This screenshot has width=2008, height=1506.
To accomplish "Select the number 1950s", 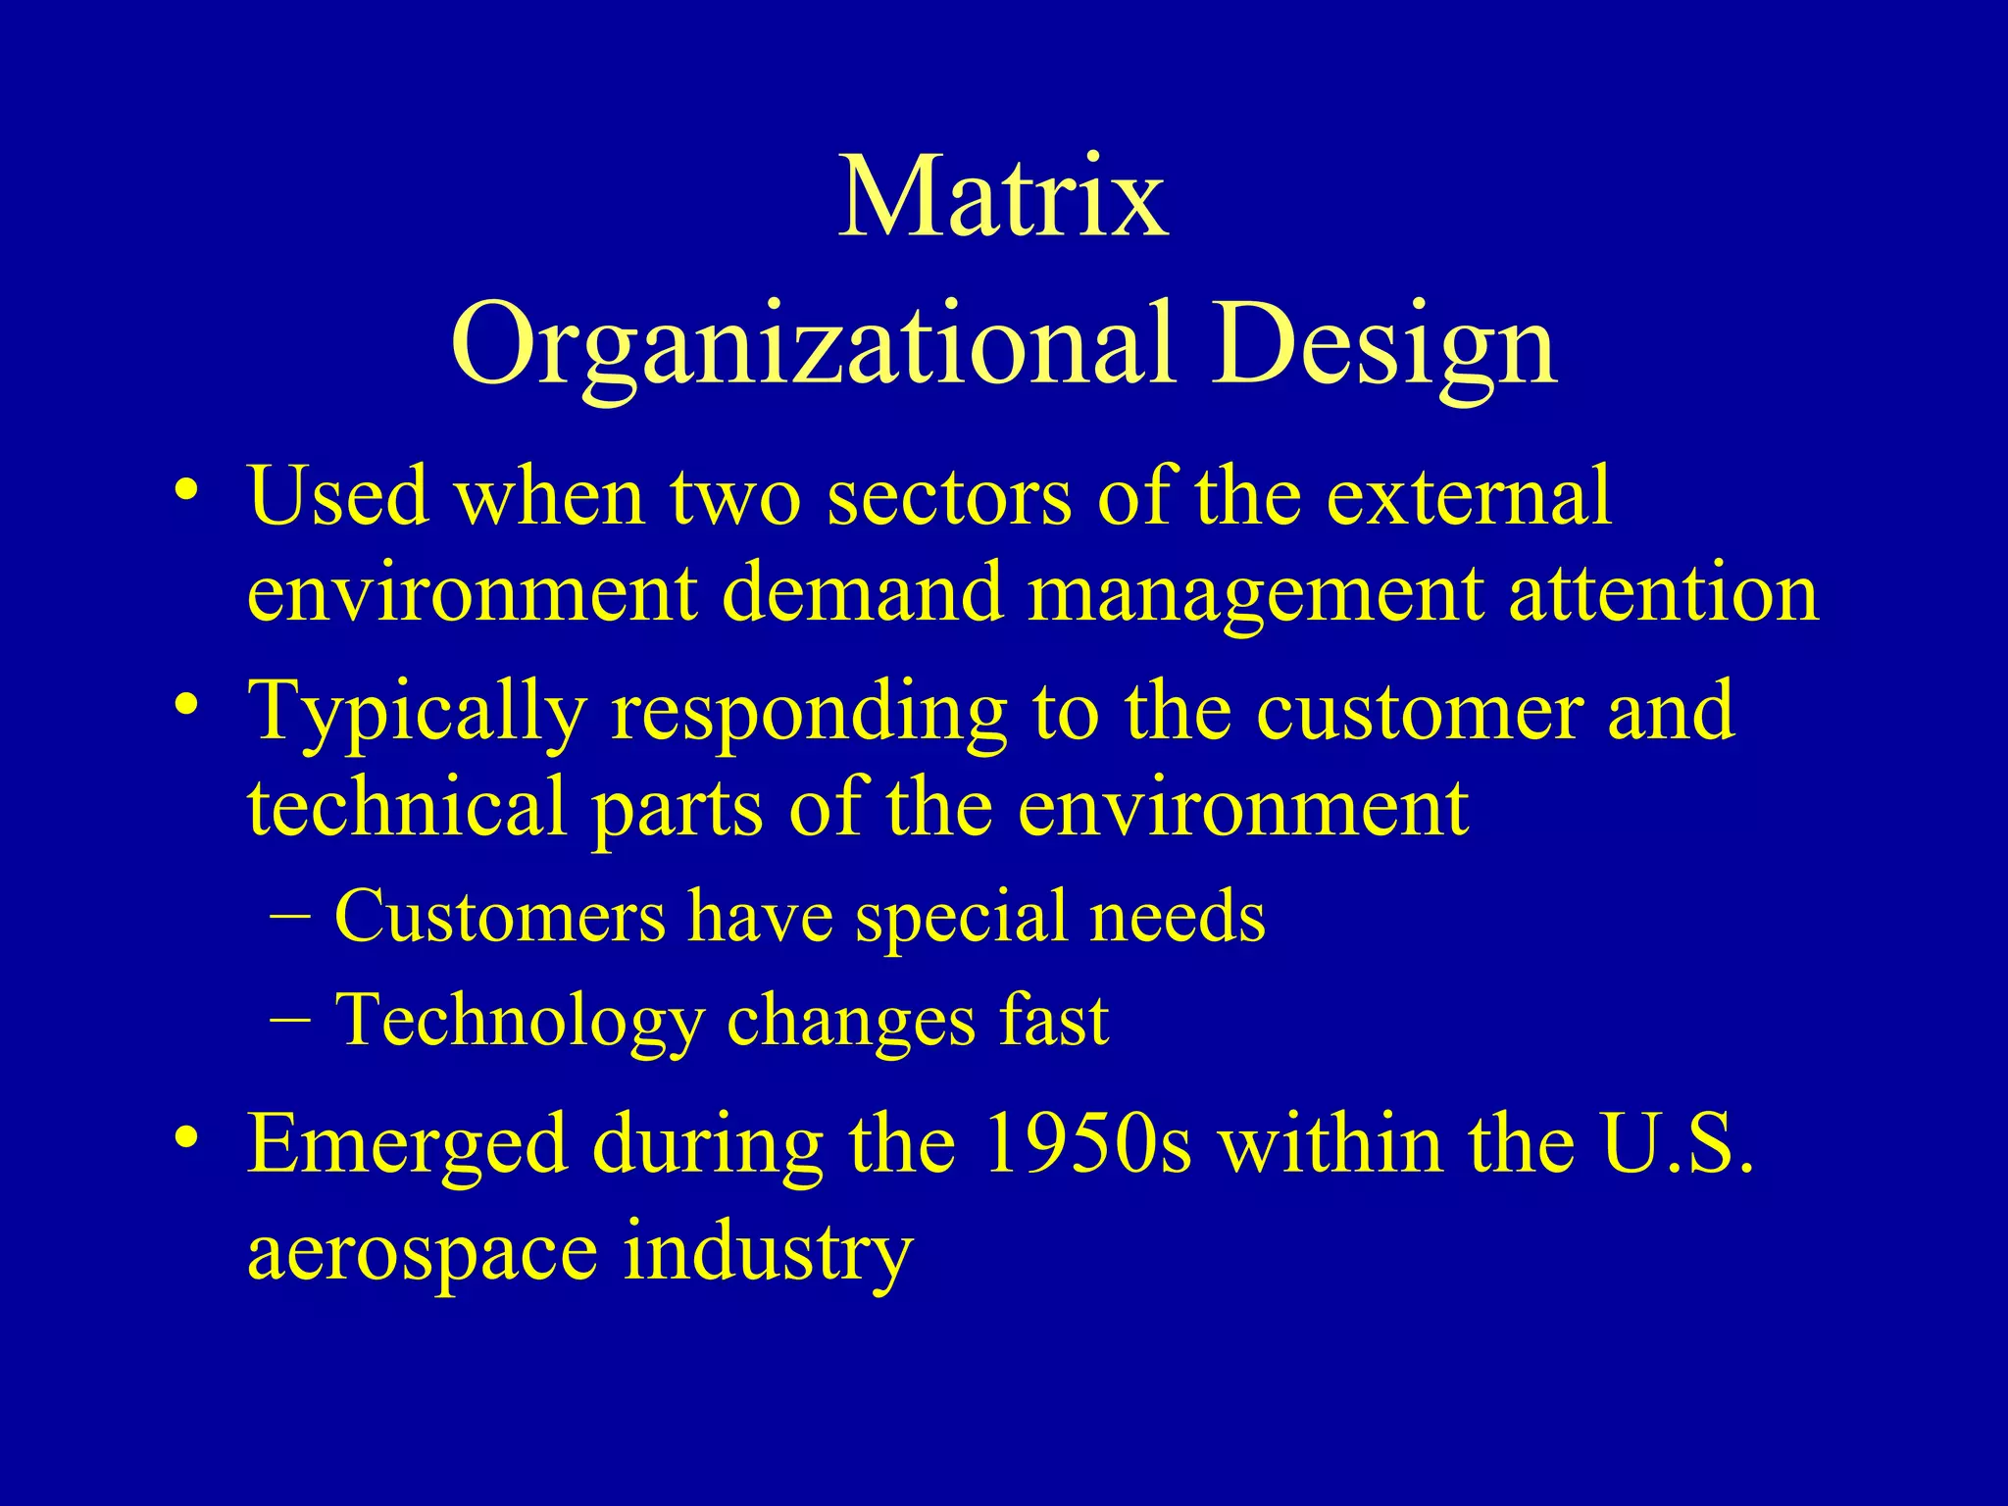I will [1087, 1143].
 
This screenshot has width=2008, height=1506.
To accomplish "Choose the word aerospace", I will [423, 1251].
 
